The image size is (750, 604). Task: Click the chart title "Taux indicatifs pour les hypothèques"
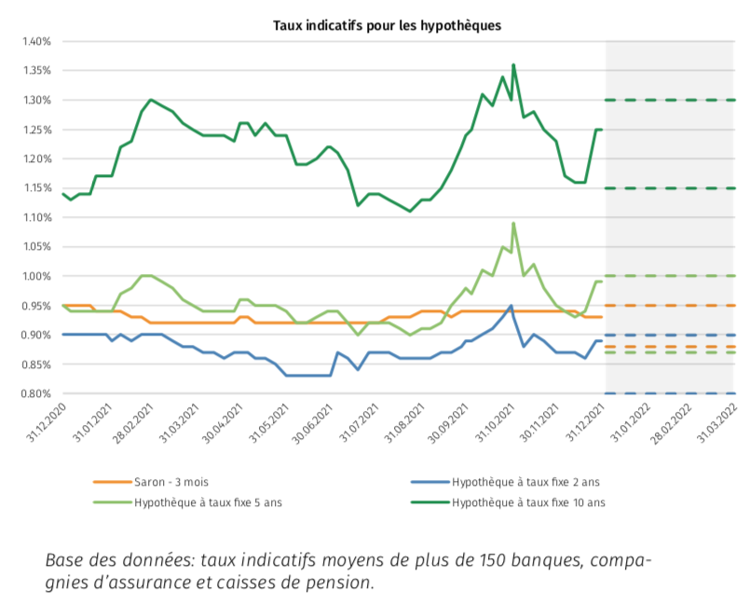pyautogui.click(x=387, y=26)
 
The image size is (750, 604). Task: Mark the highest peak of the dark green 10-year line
pyautogui.click(x=513, y=65)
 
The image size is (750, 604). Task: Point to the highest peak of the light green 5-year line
pyautogui.click(x=513, y=224)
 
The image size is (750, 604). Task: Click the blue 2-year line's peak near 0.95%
pyautogui.click(x=511, y=306)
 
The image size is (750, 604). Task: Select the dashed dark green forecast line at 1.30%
pyautogui.click(x=671, y=100)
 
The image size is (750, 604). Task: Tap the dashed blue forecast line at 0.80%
pyautogui.click(x=671, y=393)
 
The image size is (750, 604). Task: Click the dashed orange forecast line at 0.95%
pyautogui.click(x=671, y=306)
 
